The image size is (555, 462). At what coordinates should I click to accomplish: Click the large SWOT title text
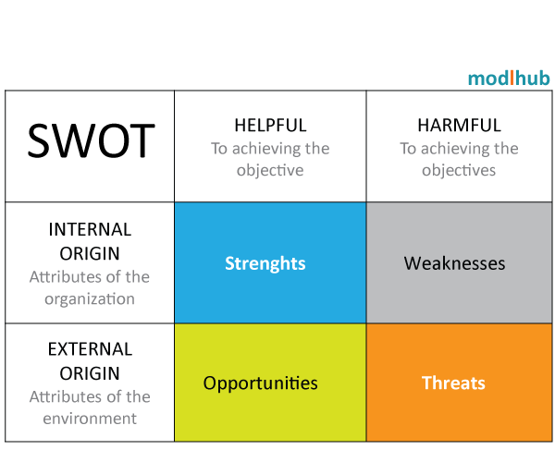click(x=91, y=140)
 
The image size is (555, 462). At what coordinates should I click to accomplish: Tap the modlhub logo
click(x=509, y=79)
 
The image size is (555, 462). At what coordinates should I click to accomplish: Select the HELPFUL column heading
click(x=270, y=125)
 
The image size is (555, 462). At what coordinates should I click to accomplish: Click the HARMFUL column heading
click(x=459, y=125)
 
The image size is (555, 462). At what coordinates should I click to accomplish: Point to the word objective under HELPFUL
click(x=270, y=170)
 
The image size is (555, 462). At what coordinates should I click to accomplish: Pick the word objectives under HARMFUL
click(x=459, y=170)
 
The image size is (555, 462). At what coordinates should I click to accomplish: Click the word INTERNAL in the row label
click(x=90, y=229)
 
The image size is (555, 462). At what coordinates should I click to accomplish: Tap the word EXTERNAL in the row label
click(x=90, y=349)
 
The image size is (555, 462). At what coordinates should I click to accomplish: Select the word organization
click(x=90, y=299)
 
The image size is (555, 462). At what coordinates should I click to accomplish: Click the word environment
click(x=90, y=419)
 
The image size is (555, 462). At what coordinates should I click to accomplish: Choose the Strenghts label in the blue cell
click(x=265, y=263)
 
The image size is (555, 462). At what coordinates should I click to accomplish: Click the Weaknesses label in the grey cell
click(x=454, y=263)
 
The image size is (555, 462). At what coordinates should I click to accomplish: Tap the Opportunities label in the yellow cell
click(x=260, y=383)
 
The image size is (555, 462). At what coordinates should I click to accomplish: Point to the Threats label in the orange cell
click(x=453, y=383)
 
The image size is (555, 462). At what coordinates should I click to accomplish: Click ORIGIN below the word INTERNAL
click(x=90, y=253)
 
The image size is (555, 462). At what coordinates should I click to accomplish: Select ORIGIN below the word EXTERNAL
click(x=90, y=373)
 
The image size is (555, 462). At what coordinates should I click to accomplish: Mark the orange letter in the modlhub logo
click(x=512, y=78)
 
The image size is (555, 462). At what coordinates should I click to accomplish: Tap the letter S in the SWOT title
click(x=38, y=140)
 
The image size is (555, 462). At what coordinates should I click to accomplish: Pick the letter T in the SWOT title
click(x=142, y=140)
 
